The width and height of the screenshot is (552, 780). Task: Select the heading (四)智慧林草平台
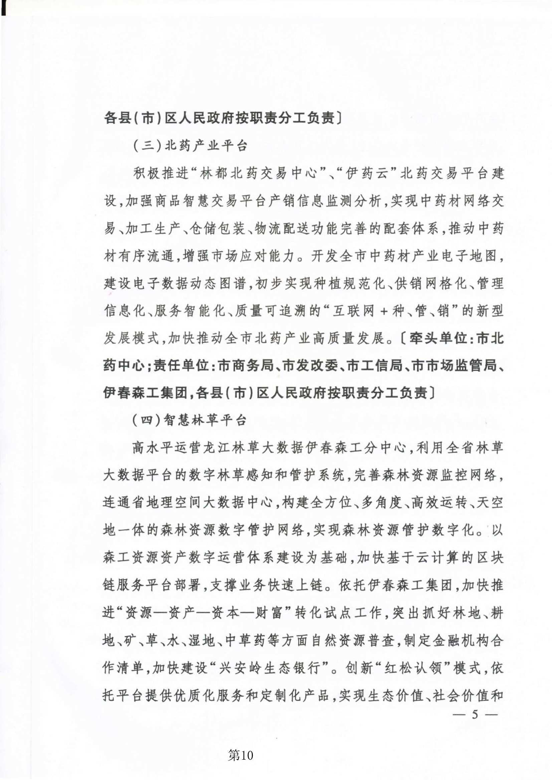pyautogui.click(x=189, y=421)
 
